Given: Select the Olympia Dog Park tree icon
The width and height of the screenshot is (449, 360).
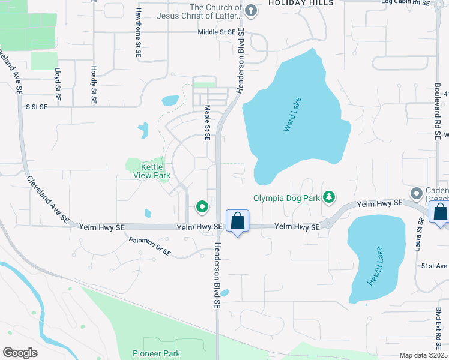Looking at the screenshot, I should point(328,197).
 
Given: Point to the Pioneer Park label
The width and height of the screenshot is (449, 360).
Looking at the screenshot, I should point(157,353).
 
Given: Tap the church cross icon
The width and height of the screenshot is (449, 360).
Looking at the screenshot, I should point(252,10).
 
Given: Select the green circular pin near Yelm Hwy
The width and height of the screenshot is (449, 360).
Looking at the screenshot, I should point(202,207).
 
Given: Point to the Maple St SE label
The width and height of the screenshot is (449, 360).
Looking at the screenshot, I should point(207,123).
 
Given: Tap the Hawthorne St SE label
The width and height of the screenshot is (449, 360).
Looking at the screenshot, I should point(139,33).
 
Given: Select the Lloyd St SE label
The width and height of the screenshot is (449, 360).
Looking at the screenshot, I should point(58,83).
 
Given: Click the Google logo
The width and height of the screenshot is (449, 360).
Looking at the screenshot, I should point(20,353).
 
